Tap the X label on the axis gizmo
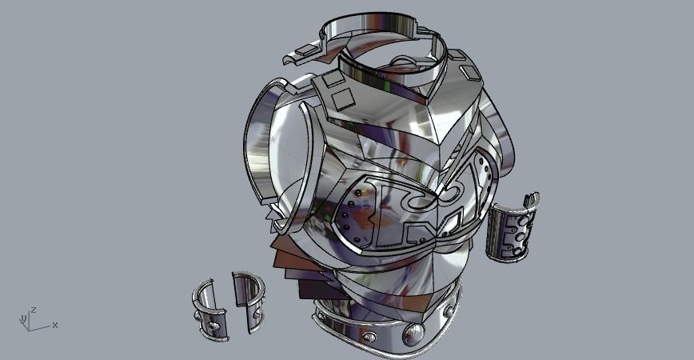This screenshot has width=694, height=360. coord(54,325)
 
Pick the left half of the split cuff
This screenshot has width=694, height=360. coord(209,309)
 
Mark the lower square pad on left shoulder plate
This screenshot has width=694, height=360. coord(344,99)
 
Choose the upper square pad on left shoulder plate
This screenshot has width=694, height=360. coord(330,79)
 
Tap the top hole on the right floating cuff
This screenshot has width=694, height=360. coord(524,218)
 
